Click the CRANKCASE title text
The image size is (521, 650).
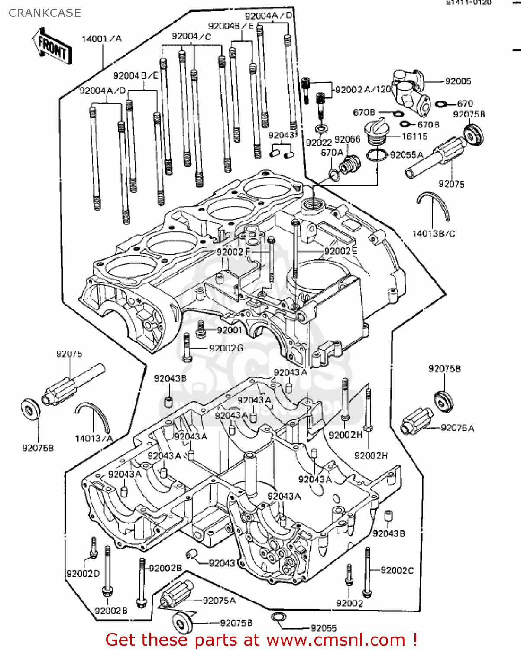tap(45, 13)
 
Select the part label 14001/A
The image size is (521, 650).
tap(101, 39)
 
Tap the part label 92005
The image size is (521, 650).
tap(458, 81)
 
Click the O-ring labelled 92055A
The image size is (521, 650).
tap(376, 155)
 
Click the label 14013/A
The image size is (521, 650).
tap(94, 438)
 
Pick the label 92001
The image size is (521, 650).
tap(230, 330)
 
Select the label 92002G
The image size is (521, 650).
tap(226, 348)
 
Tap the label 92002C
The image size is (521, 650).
tap(397, 570)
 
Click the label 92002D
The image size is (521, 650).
tap(83, 573)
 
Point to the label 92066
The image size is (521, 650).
tap(347, 139)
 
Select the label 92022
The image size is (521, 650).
tap(318, 143)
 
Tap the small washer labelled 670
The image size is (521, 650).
tap(441, 104)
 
